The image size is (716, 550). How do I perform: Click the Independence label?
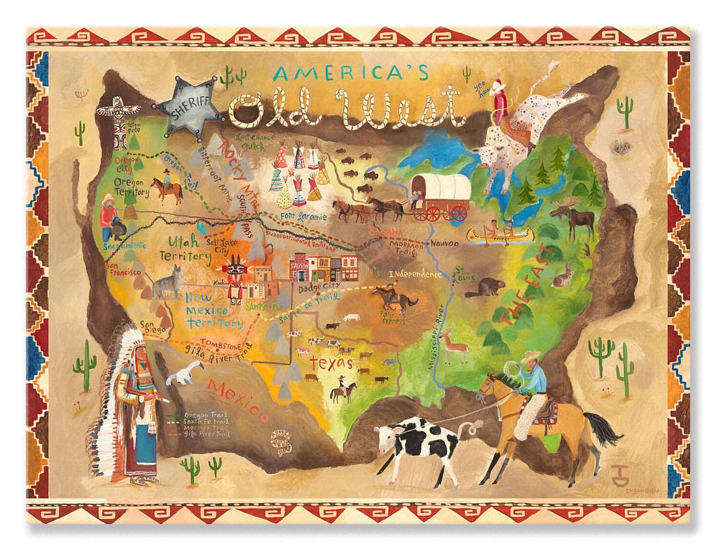pyautogui.click(x=415, y=275)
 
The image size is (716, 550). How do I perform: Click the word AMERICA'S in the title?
pyautogui.click(x=351, y=73)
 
